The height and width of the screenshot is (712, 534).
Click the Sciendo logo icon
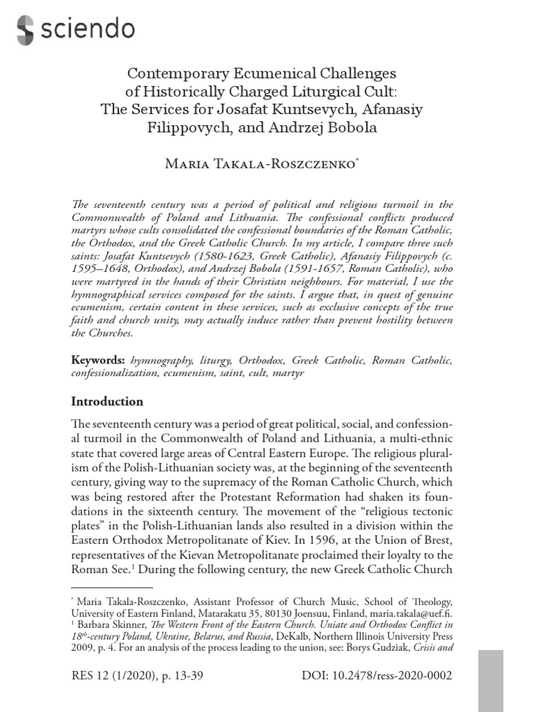[x=25, y=29]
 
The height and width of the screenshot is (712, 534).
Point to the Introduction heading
[x=108, y=401]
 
